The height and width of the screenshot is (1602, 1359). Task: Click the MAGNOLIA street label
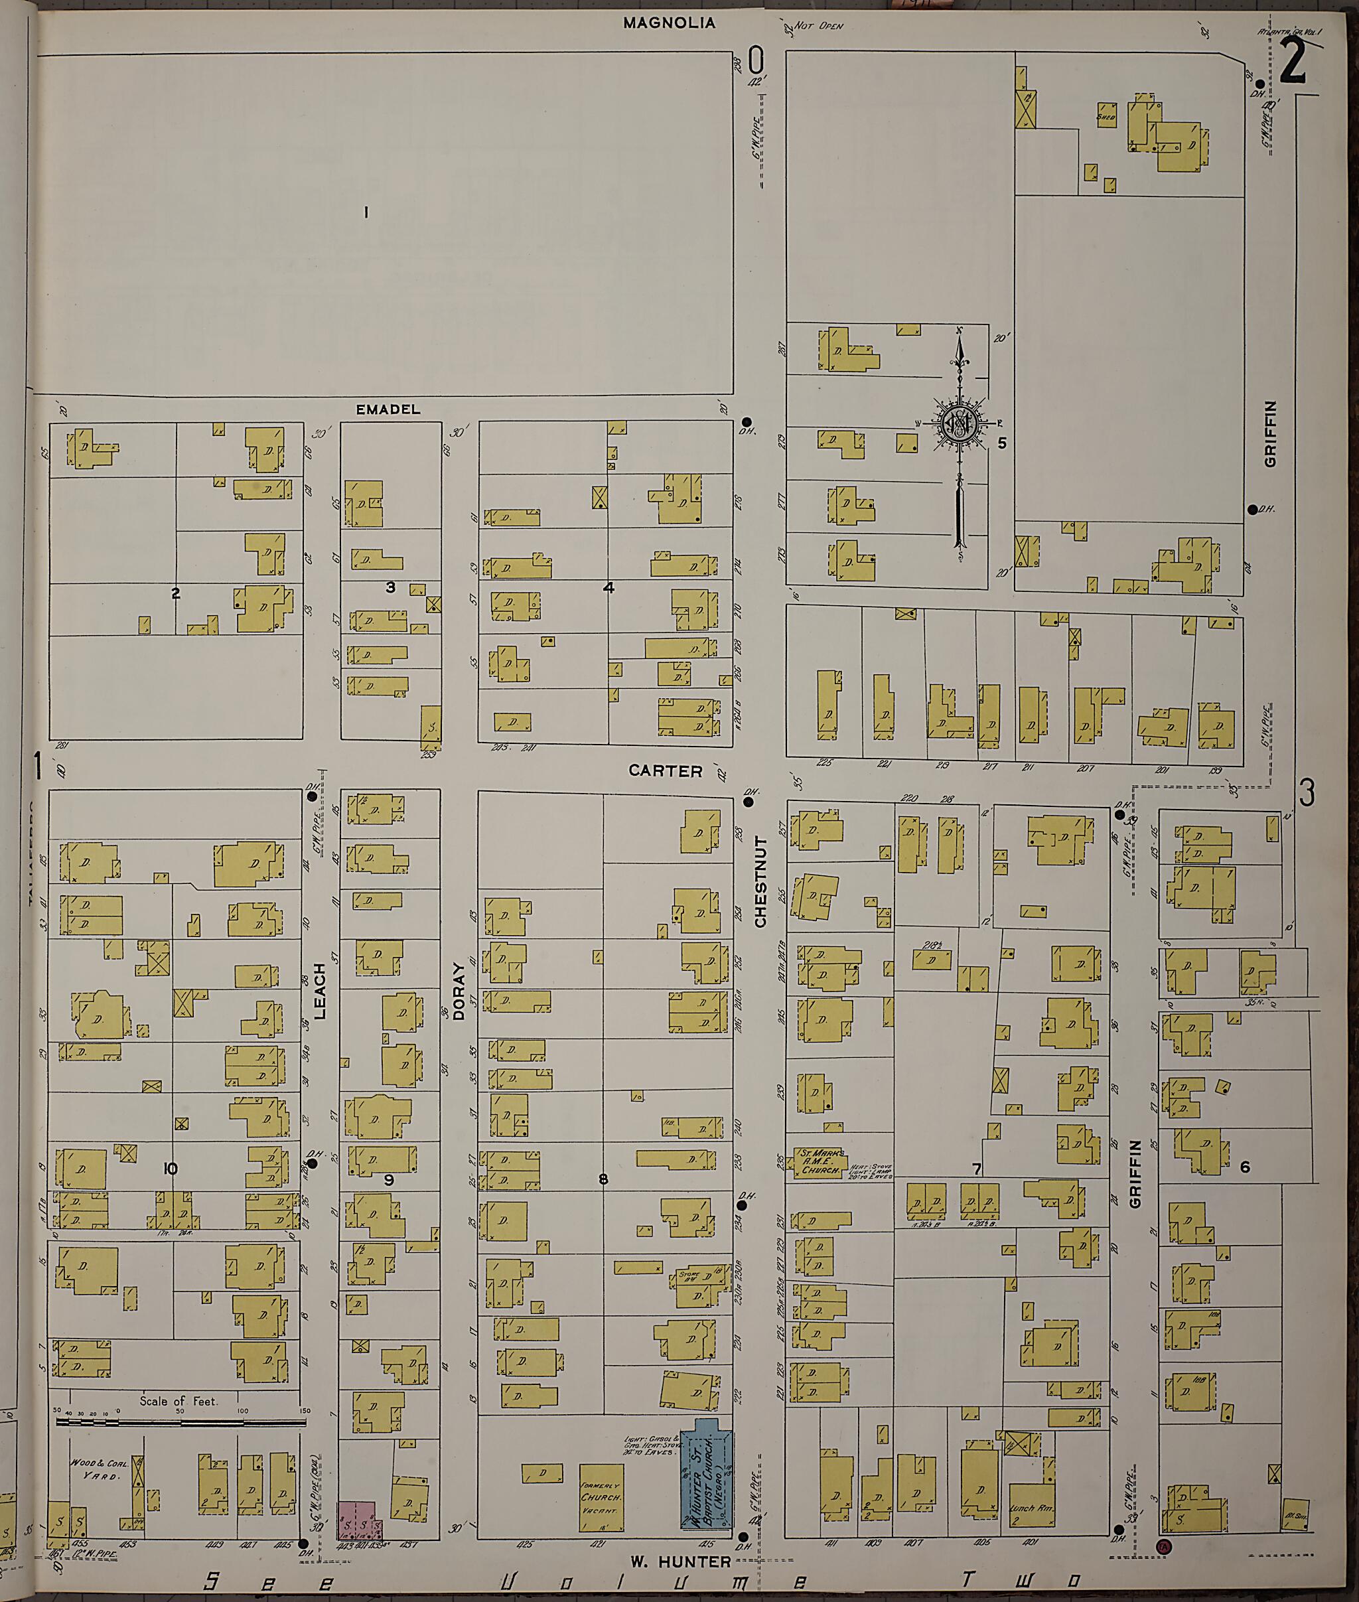(669, 23)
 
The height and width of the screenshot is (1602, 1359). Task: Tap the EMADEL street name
(388, 409)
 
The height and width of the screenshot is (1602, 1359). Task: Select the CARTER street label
(665, 770)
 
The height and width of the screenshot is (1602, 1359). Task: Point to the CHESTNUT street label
(760, 881)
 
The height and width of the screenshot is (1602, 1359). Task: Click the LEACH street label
(320, 990)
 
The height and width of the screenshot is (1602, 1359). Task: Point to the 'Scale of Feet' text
(179, 1400)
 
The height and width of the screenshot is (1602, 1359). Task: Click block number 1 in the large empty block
(366, 212)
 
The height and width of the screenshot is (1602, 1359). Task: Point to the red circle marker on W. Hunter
(1163, 1545)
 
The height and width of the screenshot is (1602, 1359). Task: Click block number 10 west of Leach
(171, 1168)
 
